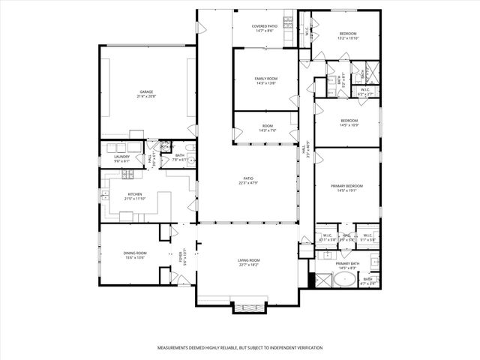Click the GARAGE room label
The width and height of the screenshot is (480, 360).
[145, 92]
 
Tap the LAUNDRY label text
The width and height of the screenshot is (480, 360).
[121, 156]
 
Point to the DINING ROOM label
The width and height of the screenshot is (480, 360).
[135, 253]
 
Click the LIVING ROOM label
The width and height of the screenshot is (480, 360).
[248, 259]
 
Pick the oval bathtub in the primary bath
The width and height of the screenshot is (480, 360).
[346, 281]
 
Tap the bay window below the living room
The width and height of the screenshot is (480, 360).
[248, 307]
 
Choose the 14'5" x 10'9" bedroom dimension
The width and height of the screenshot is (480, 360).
[349, 124]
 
